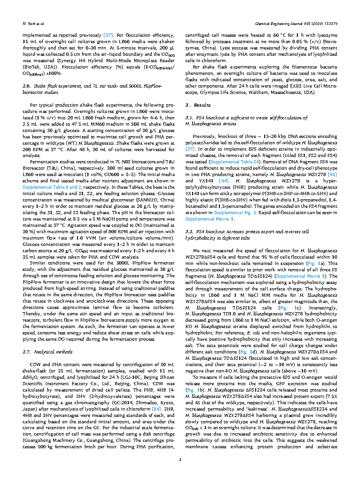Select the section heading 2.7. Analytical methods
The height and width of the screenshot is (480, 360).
tap(47, 353)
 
